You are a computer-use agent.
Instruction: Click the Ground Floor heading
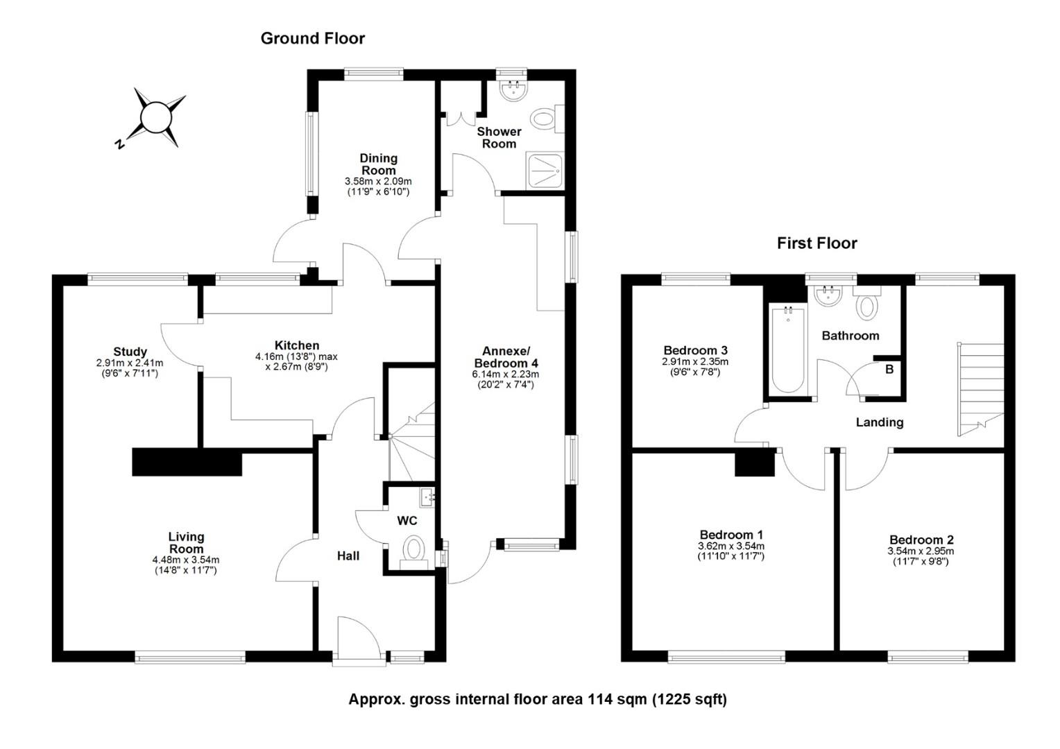click(313, 38)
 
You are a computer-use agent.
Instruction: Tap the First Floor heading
click(817, 243)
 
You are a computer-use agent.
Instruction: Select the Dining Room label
click(379, 164)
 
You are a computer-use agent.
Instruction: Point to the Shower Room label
click(499, 138)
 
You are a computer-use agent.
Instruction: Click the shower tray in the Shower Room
click(545, 171)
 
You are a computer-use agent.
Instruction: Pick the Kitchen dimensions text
click(297, 361)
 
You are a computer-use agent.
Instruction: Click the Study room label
click(130, 352)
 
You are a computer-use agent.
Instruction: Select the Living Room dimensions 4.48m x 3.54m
click(186, 560)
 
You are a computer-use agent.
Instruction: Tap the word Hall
click(348, 556)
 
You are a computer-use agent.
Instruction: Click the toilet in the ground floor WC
click(414, 552)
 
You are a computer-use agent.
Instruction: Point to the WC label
click(407, 521)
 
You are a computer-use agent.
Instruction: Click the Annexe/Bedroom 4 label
click(506, 357)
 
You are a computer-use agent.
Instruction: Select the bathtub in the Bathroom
click(787, 349)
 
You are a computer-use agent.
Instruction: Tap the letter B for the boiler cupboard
click(889, 369)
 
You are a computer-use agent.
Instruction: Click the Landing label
click(880, 422)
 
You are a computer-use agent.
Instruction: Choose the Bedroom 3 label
click(695, 351)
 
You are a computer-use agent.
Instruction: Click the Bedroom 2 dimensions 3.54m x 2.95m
click(921, 551)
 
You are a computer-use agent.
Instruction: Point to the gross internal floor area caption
click(538, 699)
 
